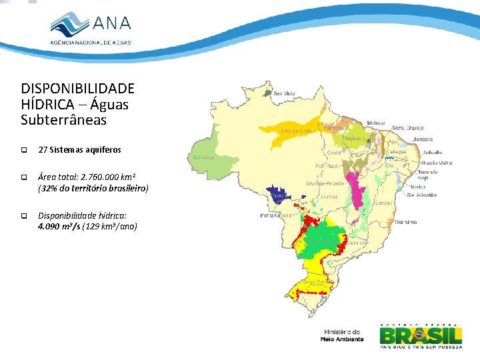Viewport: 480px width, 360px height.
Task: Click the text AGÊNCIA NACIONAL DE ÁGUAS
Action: pos(91,42)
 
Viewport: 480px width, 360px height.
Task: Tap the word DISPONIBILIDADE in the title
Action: pos(77,89)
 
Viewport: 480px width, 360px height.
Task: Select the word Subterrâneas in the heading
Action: pos(63,120)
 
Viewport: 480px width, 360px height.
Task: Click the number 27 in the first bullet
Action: pos(43,150)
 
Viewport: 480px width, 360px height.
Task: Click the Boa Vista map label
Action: pos(285,93)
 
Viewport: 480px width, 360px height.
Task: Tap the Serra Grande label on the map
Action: pos(407,127)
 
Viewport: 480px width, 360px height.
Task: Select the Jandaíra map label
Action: pos(422,139)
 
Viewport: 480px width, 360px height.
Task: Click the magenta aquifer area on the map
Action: pos(361,187)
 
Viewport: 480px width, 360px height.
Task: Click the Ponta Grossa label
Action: pos(275,215)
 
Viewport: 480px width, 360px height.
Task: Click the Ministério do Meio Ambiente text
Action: pos(342,335)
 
